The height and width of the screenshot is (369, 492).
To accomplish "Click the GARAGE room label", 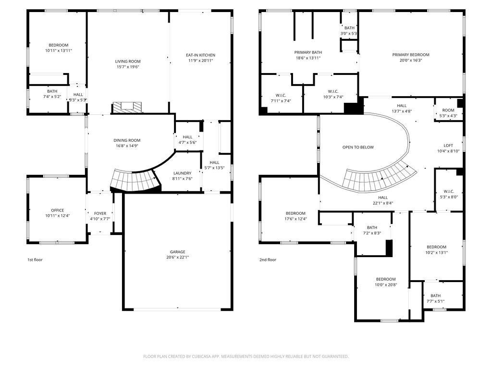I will [177, 252].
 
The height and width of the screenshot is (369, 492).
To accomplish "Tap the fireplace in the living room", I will [128, 107].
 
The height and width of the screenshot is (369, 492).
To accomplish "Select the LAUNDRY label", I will [182, 173].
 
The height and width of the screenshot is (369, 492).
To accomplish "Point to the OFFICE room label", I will [58, 210].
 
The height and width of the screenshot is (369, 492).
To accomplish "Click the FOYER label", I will [100, 213].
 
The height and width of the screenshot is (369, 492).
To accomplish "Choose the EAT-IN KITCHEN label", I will [200, 55].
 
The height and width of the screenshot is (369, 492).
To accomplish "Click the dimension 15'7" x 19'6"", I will [128, 67].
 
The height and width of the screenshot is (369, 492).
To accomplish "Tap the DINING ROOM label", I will [127, 140].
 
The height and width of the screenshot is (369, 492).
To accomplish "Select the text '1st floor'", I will [35, 260].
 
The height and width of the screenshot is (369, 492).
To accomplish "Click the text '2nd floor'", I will [268, 260].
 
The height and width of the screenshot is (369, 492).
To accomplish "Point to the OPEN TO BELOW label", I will [358, 147].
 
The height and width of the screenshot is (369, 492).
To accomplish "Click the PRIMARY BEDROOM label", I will [410, 55].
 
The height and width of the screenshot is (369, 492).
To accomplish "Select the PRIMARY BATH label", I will [308, 52].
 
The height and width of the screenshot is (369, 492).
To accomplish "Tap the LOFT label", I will [448, 146].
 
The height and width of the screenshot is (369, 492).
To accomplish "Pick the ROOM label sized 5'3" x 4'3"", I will [448, 110].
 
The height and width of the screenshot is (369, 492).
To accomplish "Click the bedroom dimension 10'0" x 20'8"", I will [386, 285].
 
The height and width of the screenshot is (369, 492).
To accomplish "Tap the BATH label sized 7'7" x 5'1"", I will [435, 296].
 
